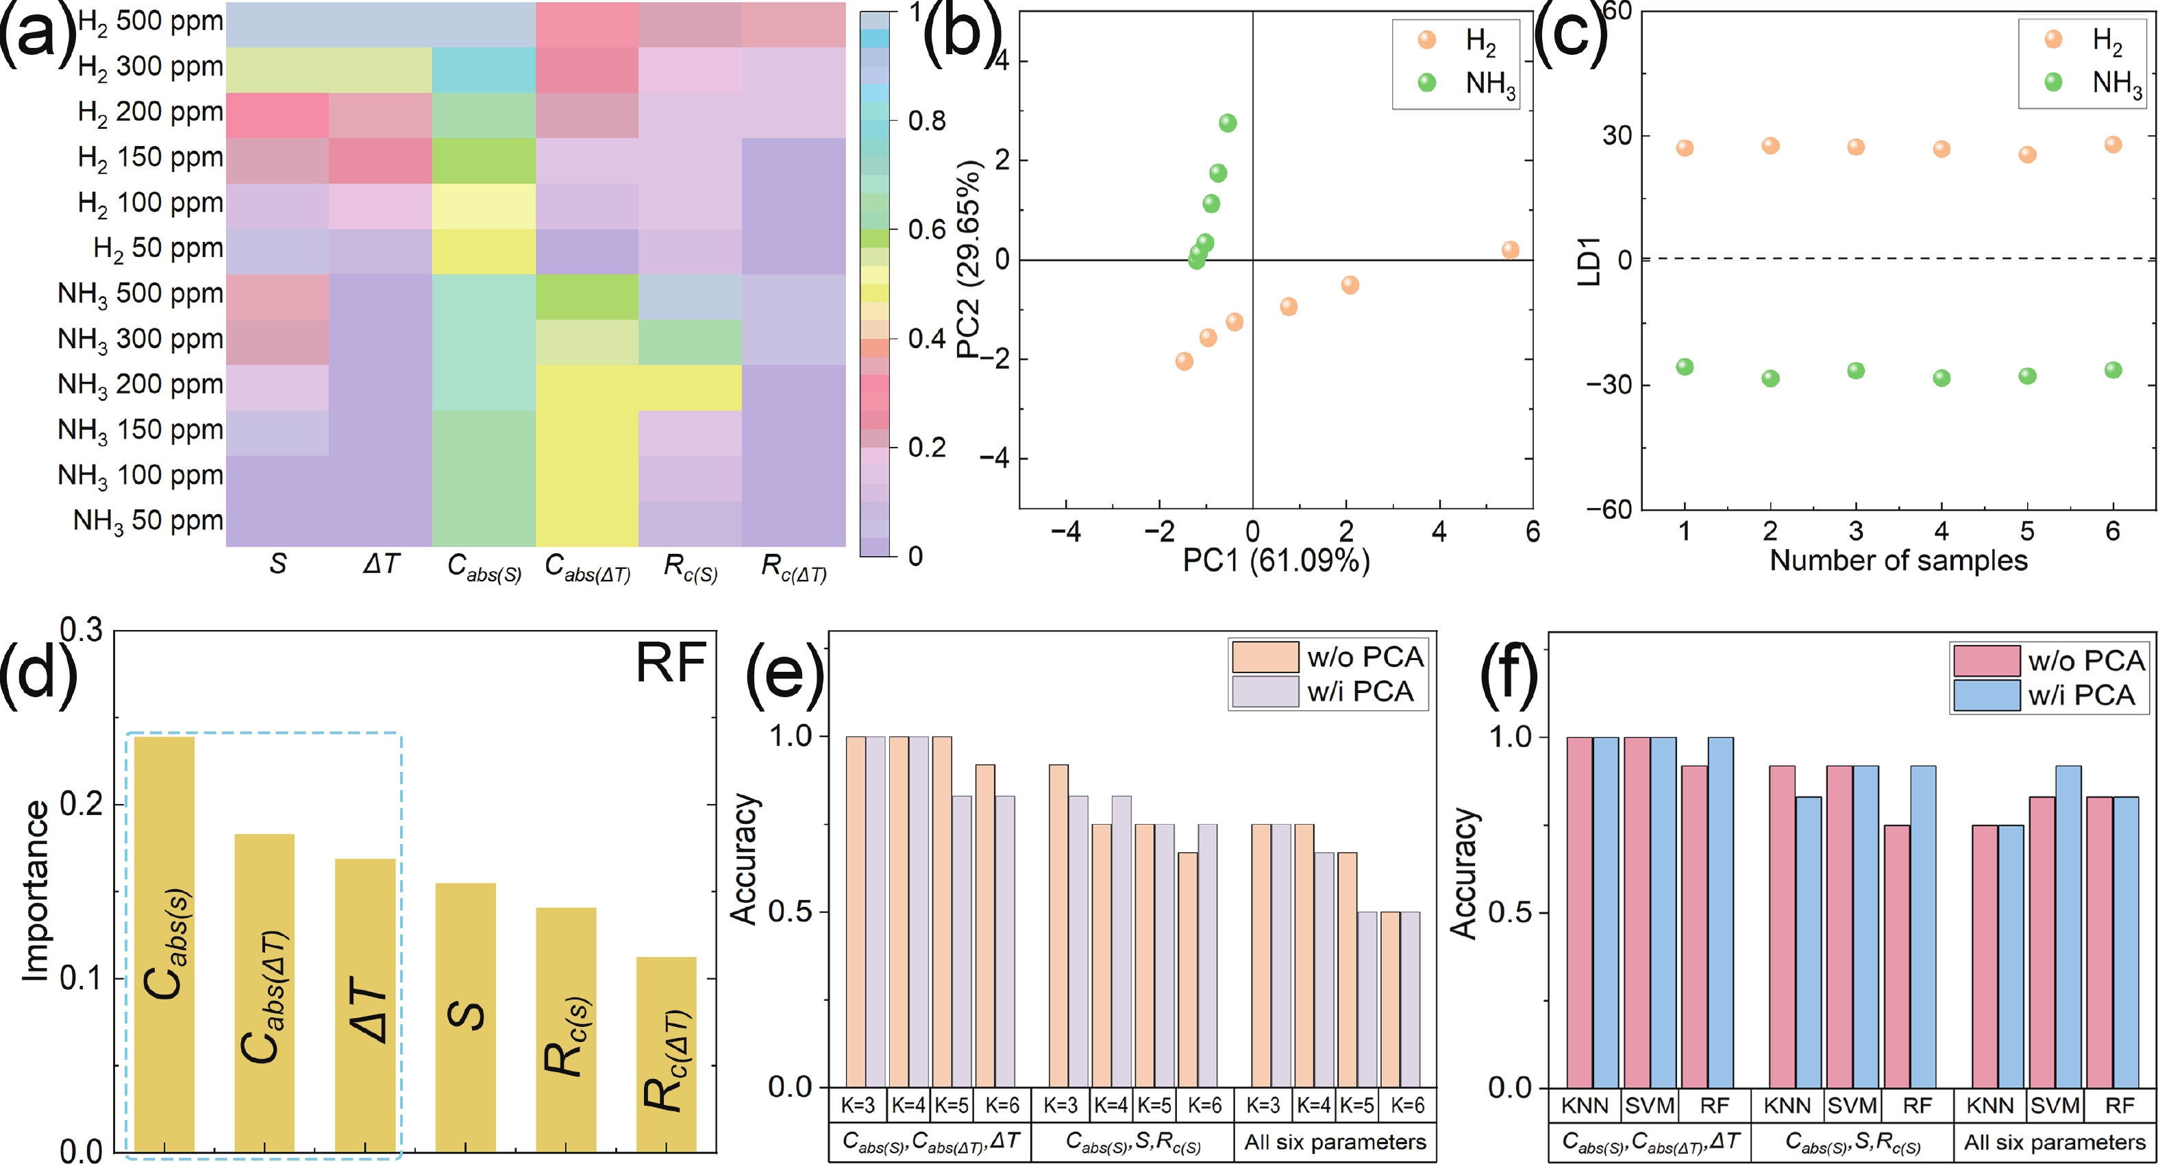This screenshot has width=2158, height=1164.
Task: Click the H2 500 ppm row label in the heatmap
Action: [x=150, y=22]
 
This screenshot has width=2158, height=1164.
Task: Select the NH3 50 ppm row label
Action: [x=147, y=521]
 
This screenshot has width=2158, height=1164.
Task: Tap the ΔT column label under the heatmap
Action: [x=381, y=565]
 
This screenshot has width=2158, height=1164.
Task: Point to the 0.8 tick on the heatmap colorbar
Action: [x=926, y=121]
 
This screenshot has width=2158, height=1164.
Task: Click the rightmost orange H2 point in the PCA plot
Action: [x=1510, y=250]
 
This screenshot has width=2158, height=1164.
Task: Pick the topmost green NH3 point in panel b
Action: [x=1227, y=123]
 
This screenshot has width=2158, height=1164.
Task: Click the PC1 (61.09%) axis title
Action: [x=1275, y=560]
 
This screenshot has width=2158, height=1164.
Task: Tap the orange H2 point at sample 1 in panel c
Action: [x=1684, y=148]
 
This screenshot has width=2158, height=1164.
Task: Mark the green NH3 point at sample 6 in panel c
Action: [x=2113, y=369]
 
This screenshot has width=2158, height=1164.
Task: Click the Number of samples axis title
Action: [x=1898, y=560]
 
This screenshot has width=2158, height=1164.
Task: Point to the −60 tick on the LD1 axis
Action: [x=1609, y=509]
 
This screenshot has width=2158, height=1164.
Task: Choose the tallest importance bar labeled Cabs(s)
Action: [x=164, y=943]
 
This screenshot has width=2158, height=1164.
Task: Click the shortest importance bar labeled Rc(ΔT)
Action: [x=666, y=1054]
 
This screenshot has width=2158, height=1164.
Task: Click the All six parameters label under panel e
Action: [x=1335, y=1141]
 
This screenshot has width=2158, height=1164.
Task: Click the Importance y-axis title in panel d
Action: [x=35, y=890]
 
